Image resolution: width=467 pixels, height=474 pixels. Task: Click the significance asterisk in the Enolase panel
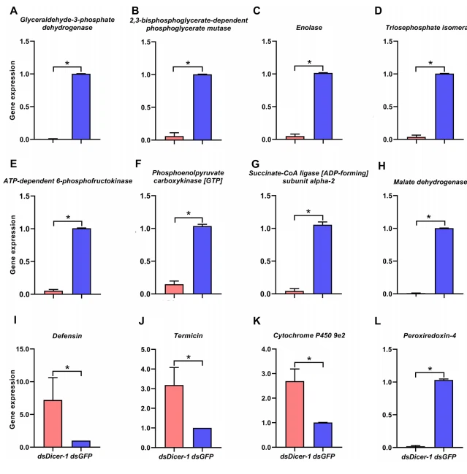(309, 63)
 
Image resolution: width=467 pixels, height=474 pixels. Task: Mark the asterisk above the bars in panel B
(188, 64)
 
